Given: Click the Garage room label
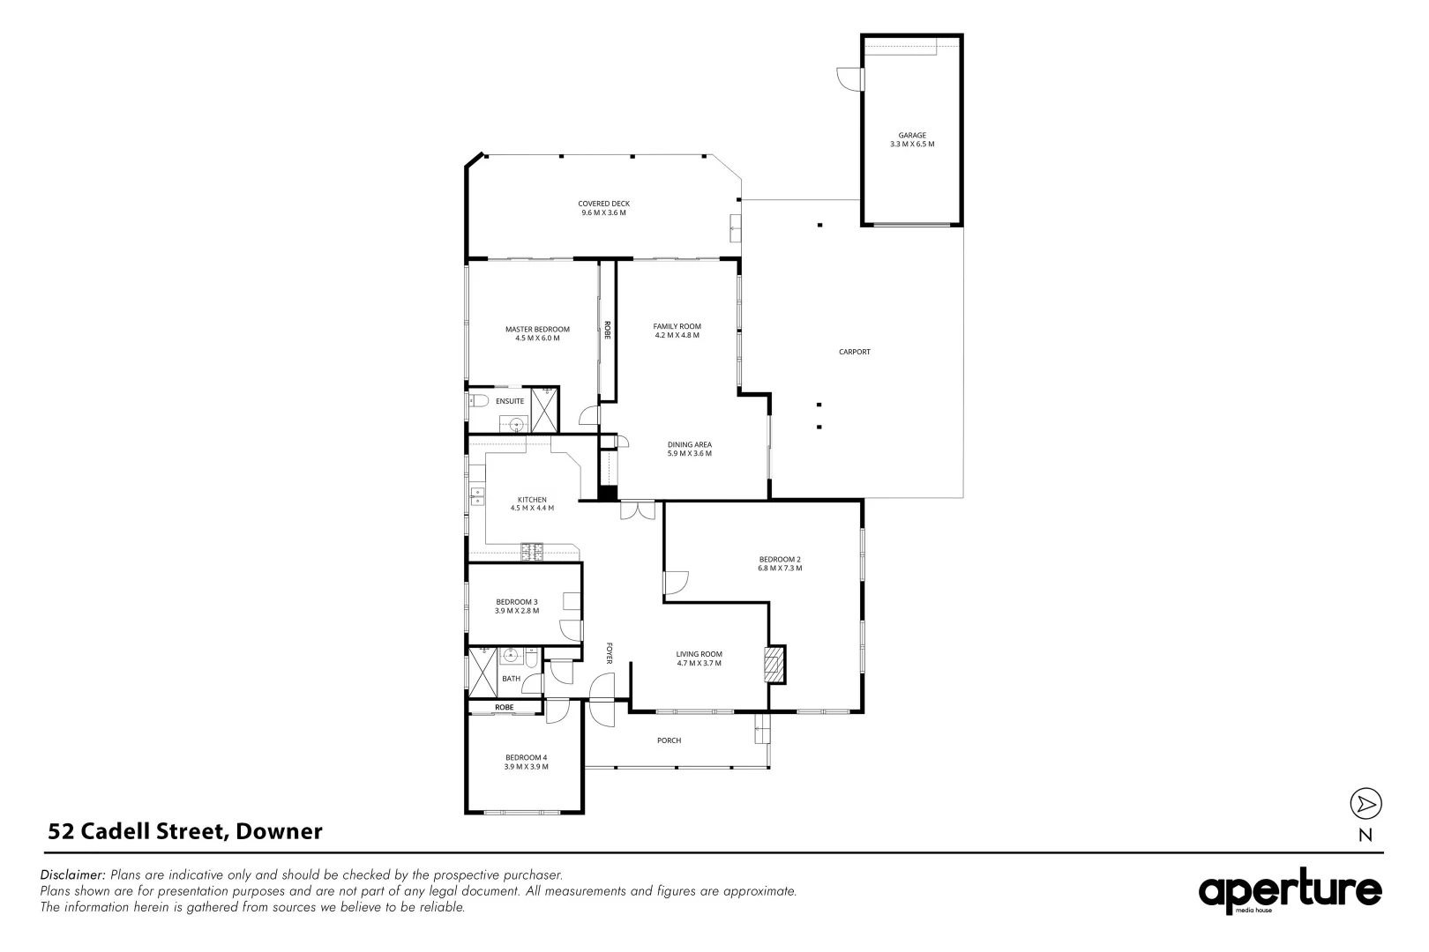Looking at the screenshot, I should [x=911, y=136].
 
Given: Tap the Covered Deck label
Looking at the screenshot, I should [x=603, y=204].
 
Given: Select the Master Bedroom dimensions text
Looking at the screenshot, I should [x=537, y=338].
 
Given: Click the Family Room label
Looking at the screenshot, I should [x=677, y=326].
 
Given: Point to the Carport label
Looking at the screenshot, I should [x=854, y=352].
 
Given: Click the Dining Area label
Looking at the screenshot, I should [x=689, y=444].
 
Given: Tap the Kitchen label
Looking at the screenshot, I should [x=532, y=500].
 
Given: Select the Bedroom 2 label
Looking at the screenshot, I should [x=779, y=559].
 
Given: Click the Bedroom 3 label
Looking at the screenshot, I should [x=516, y=602].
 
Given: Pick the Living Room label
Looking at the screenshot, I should [x=699, y=654].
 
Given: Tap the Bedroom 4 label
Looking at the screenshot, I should [x=526, y=757].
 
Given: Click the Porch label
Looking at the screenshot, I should [x=669, y=740].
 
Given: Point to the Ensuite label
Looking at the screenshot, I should [x=509, y=401].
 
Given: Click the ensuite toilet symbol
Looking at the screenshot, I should [x=477, y=401].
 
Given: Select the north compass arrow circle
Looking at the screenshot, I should [x=1365, y=803].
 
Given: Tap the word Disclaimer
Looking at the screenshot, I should [x=72, y=874].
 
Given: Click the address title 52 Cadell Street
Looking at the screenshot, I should [x=185, y=830].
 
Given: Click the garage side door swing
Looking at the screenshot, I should [x=848, y=78].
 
